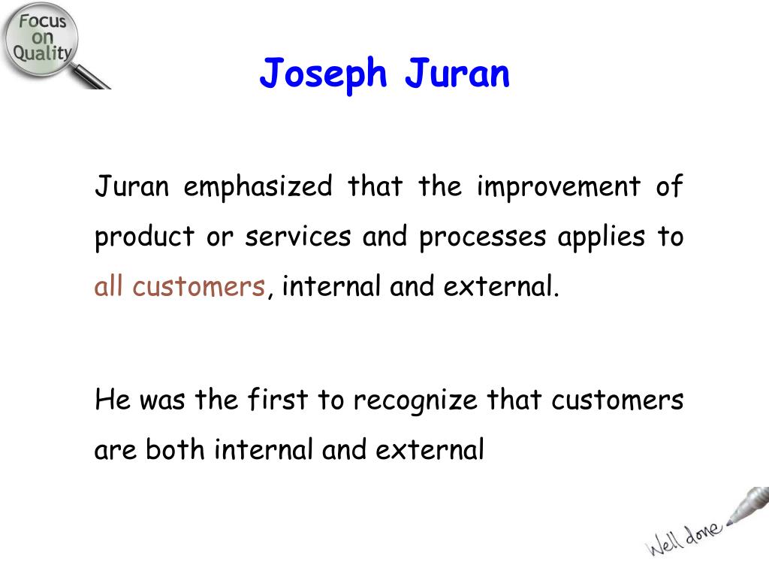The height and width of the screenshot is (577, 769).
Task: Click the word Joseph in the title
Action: [324, 74]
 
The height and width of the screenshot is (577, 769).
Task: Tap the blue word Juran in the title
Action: [457, 73]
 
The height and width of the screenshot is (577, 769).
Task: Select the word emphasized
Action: [258, 187]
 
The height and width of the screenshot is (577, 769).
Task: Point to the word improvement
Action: [559, 187]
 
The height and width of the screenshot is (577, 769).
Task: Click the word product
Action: [145, 237]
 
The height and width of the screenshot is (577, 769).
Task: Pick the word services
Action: [298, 237]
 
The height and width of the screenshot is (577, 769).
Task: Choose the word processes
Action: [483, 237]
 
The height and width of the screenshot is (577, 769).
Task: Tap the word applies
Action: [602, 237]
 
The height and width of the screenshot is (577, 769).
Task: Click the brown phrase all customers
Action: [179, 286]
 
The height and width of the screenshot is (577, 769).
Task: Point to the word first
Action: [278, 399]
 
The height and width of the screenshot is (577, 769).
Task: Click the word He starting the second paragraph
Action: [113, 400]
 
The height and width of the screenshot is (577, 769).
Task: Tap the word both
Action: [175, 449]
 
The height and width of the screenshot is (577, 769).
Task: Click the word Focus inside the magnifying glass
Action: [43, 21]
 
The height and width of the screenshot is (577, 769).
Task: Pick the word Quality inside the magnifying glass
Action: [43, 53]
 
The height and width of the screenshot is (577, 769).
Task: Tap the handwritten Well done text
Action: [683, 538]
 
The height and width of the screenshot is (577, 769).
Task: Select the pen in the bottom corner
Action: [749, 505]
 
